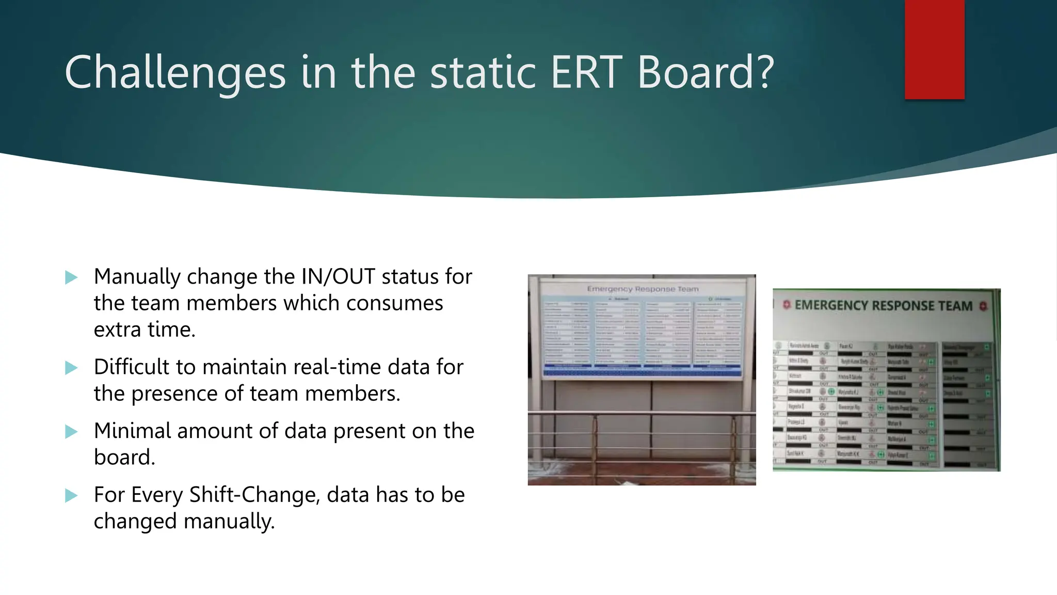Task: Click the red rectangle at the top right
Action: (934, 49)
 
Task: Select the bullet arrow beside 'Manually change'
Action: (71, 277)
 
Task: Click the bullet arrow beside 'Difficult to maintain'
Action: (71, 368)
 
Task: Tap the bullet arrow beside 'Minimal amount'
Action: (71, 431)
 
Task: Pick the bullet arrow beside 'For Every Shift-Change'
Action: (71, 496)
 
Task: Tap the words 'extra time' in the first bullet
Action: (145, 330)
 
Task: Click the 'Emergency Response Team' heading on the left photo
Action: (643, 289)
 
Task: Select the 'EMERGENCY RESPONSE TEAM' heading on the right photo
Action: (883, 305)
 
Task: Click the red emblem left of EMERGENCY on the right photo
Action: (787, 305)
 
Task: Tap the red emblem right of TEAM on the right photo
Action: (983, 306)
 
